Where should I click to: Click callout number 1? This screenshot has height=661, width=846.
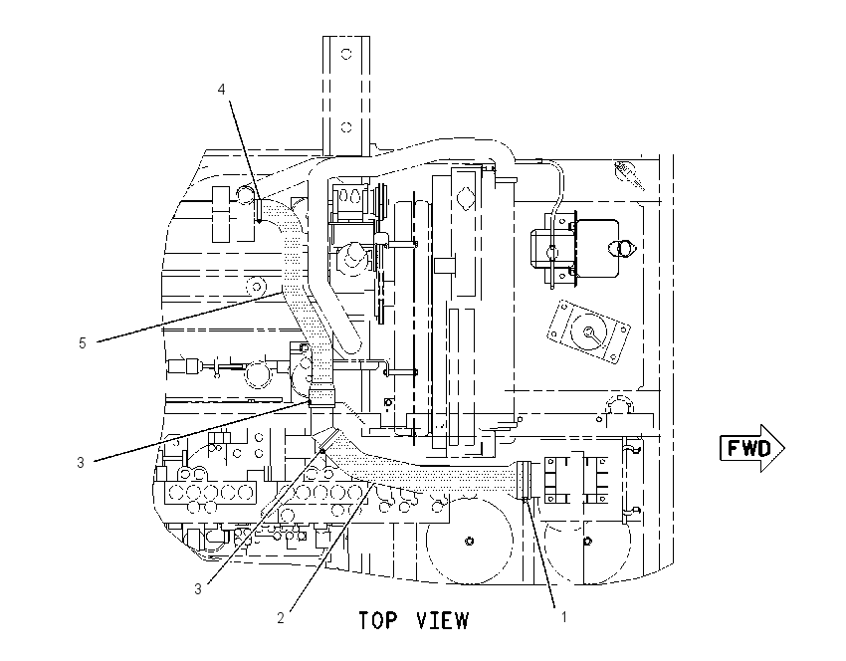coord(563,616)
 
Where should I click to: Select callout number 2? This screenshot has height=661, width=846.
coord(281,618)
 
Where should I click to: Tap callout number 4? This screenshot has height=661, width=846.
coord(221,89)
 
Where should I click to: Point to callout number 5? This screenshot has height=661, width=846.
coord(82,343)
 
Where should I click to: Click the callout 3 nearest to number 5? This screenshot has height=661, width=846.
coord(81,463)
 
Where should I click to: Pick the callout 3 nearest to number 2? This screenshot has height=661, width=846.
coord(198,588)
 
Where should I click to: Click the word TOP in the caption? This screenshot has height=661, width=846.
coord(378,620)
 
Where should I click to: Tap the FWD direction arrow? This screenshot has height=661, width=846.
coord(752,448)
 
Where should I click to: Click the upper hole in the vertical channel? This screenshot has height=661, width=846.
coord(346,54)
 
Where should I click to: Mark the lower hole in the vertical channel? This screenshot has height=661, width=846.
coord(346,127)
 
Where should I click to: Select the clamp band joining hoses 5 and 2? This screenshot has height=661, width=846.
coord(321,397)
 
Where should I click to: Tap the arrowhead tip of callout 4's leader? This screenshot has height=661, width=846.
coord(259,222)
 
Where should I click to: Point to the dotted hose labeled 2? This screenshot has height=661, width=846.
coord(421,474)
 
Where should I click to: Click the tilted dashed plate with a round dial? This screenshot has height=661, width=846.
coord(588,331)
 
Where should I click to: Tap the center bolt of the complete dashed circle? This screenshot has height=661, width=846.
coord(470,541)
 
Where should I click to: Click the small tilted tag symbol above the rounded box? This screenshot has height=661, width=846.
coord(629,174)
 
